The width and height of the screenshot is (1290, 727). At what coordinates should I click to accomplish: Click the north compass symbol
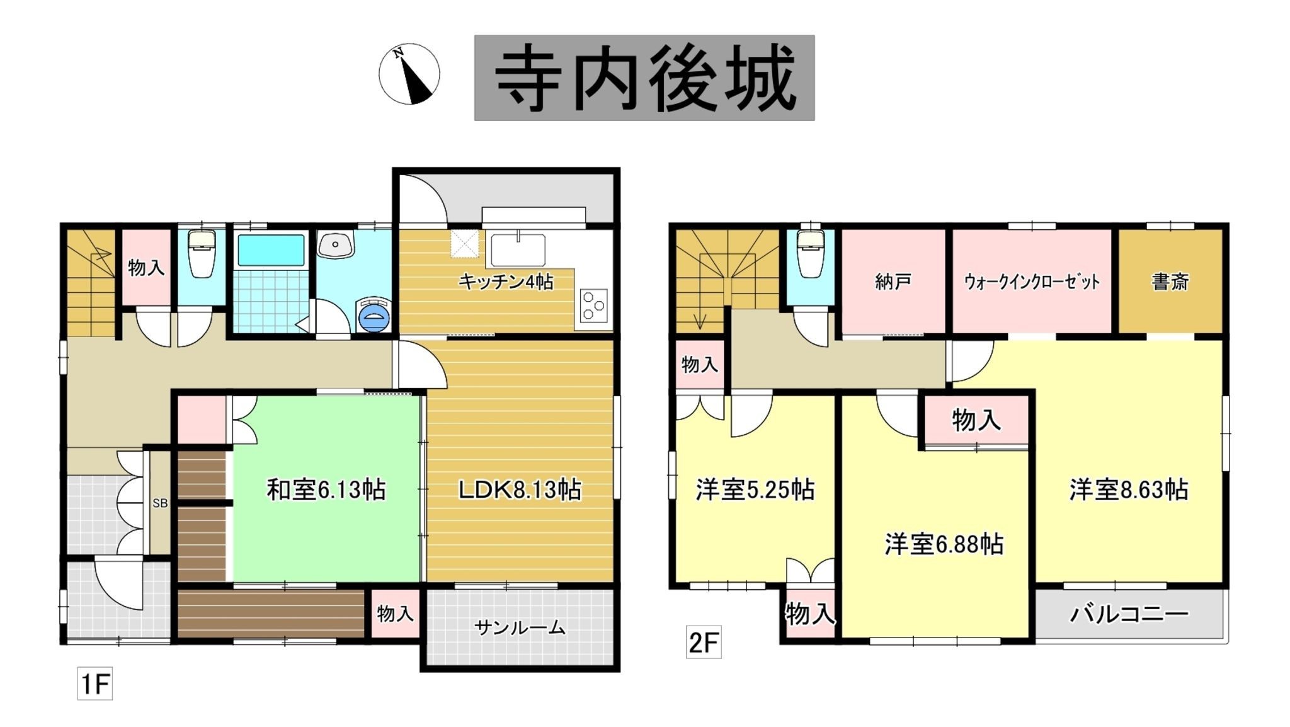pos(409,74)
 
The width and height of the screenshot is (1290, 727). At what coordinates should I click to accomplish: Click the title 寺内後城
pos(644,78)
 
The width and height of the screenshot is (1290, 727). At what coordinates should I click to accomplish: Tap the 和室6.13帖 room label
pos(326,489)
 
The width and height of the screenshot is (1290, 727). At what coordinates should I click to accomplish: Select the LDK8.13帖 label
pos(520,489)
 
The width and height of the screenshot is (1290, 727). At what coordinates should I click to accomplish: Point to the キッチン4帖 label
pos(506,282)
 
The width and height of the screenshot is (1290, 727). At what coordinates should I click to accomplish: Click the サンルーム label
pos(520,627)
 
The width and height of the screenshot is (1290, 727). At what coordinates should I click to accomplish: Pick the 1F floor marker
pos(95,684)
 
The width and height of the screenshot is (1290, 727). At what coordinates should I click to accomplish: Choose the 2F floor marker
pos(704,643)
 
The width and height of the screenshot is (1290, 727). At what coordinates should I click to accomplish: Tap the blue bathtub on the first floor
pos(271,250)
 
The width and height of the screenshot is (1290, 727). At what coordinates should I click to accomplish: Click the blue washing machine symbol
pos(374,315)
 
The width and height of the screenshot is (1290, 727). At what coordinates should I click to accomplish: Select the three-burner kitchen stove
pos(593,306)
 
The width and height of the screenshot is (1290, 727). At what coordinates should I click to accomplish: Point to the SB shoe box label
pos(160,503)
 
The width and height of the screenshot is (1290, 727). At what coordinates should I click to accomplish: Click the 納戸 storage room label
pos(893,282)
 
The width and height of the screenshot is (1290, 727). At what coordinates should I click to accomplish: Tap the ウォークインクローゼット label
pos(1032,282)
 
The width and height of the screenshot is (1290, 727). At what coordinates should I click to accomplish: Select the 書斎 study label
pos(1170,282)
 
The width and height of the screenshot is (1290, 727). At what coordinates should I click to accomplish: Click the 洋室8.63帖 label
pos(1129,489)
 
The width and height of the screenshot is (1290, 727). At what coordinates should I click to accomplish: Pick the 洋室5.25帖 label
pos(755,489)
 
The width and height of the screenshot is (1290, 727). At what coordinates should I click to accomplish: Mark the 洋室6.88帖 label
pos(944,544)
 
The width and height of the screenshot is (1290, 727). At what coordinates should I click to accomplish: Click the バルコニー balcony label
pos(1129,613)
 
